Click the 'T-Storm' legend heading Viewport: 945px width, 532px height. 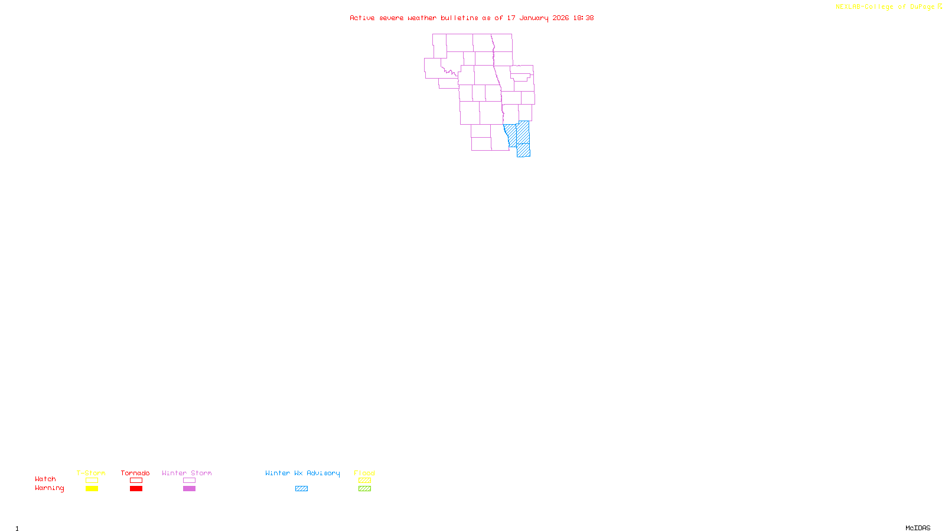[91, 473]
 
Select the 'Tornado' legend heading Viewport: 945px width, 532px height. [135, 473]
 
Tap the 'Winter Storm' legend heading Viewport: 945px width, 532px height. [187, 473]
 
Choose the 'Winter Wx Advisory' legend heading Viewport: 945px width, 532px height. [302, 473]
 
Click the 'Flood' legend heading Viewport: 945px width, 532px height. [364, 473]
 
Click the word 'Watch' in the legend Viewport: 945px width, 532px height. [45, 479]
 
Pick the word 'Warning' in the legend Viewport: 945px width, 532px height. [49, 488]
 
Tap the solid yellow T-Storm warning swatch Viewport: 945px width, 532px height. [92, 489]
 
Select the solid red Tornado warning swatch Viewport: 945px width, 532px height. [136, 489]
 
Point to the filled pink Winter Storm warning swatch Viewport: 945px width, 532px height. [189, 489]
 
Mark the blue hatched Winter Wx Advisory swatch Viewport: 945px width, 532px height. [301, 489]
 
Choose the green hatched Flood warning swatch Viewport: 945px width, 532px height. [364, 489]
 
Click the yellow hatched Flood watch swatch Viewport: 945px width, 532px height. [364, 481]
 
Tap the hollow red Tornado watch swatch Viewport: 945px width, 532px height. [136, 481]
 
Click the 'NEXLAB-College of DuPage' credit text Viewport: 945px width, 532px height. [885, 7]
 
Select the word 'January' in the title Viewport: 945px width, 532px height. [534, 18]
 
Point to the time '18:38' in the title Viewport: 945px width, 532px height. [583, 18]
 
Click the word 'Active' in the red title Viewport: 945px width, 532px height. [362, 18]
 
